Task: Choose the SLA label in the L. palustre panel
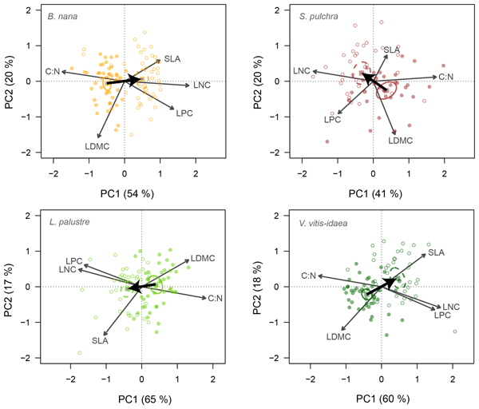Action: [100, 341]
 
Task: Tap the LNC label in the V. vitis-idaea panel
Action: [452, 306]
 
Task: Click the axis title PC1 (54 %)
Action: [125, 193]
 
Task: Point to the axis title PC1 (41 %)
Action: [374, 193]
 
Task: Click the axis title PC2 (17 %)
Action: [10, 286]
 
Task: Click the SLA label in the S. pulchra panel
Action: [391, 50]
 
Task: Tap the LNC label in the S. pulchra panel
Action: [301, 71]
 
